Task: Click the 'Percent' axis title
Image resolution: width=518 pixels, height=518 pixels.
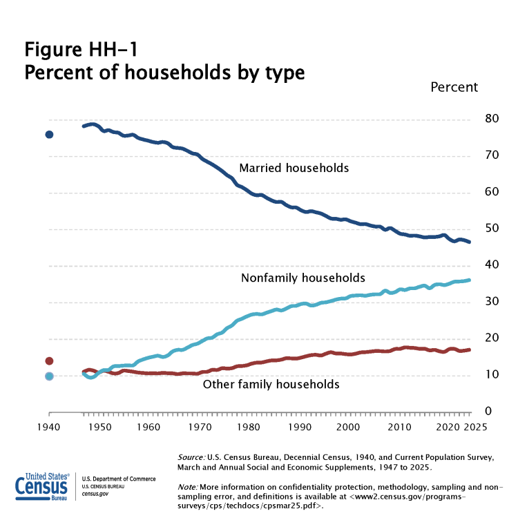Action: point(454,87)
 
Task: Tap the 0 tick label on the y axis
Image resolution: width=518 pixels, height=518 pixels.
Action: point(470,412)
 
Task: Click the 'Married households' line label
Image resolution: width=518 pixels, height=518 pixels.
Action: point(294,168)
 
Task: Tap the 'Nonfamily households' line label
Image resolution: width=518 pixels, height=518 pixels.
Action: point(303,278)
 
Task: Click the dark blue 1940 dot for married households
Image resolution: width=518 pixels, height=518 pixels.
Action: point(49,134)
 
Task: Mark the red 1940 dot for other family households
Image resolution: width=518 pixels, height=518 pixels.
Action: point(49,361)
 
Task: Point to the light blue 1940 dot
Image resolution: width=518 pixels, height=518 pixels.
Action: point(49,376)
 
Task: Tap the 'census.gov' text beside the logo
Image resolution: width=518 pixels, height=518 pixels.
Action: point(95,494)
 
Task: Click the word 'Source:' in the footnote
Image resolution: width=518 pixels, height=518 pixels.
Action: point(191,458)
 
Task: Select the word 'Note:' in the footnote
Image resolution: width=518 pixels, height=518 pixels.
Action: point(187,487)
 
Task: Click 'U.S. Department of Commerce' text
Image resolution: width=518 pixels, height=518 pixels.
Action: point(119,479)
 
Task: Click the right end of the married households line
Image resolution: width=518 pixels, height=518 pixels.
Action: point(470,242)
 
